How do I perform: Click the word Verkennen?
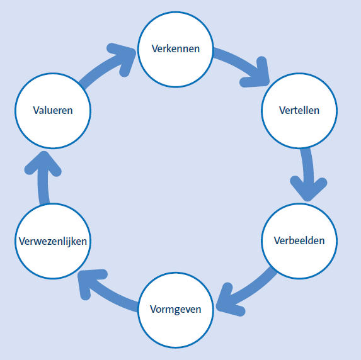click(x=176, y=48)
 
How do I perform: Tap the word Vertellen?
click(x=299, y=110)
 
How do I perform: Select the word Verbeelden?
click(x=299, y=240)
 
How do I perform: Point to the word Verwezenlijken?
click(x=53, y=240)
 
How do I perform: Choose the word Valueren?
click(x=53, y=110)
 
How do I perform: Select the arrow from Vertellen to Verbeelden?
click(x=307, y=170)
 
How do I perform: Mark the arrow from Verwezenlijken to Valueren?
click(x=42, y=176)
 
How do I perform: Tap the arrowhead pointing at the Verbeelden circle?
click(x=308, y=189)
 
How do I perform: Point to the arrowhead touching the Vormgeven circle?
click(x=226, y=302)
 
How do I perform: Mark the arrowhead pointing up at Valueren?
click(x=42, y=160)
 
